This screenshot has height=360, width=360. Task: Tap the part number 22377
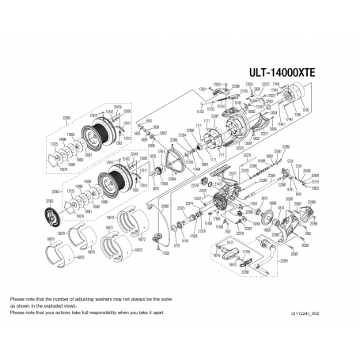(x=233, y=172)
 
